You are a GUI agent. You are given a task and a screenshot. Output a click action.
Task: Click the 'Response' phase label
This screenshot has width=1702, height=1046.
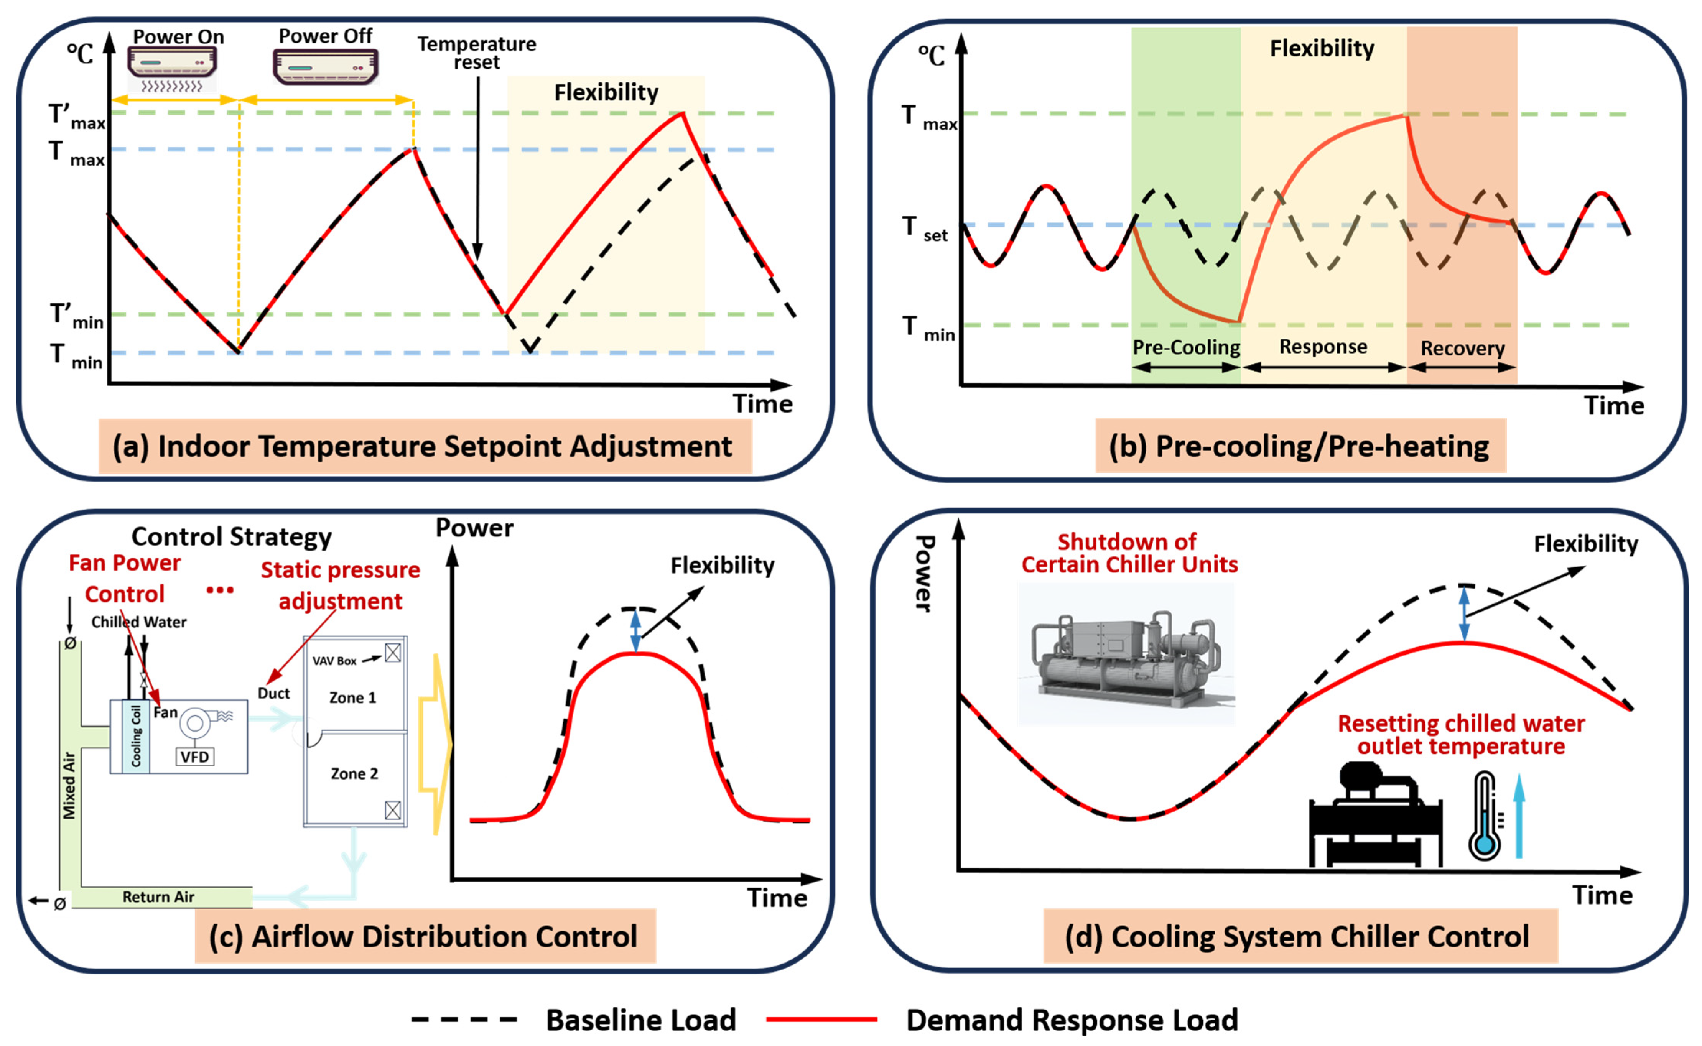(1323, 347)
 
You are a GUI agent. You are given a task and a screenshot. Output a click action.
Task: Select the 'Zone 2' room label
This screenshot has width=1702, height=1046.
(354, 773)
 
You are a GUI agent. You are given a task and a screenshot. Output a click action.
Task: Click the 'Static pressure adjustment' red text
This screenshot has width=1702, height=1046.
(341, 585)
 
